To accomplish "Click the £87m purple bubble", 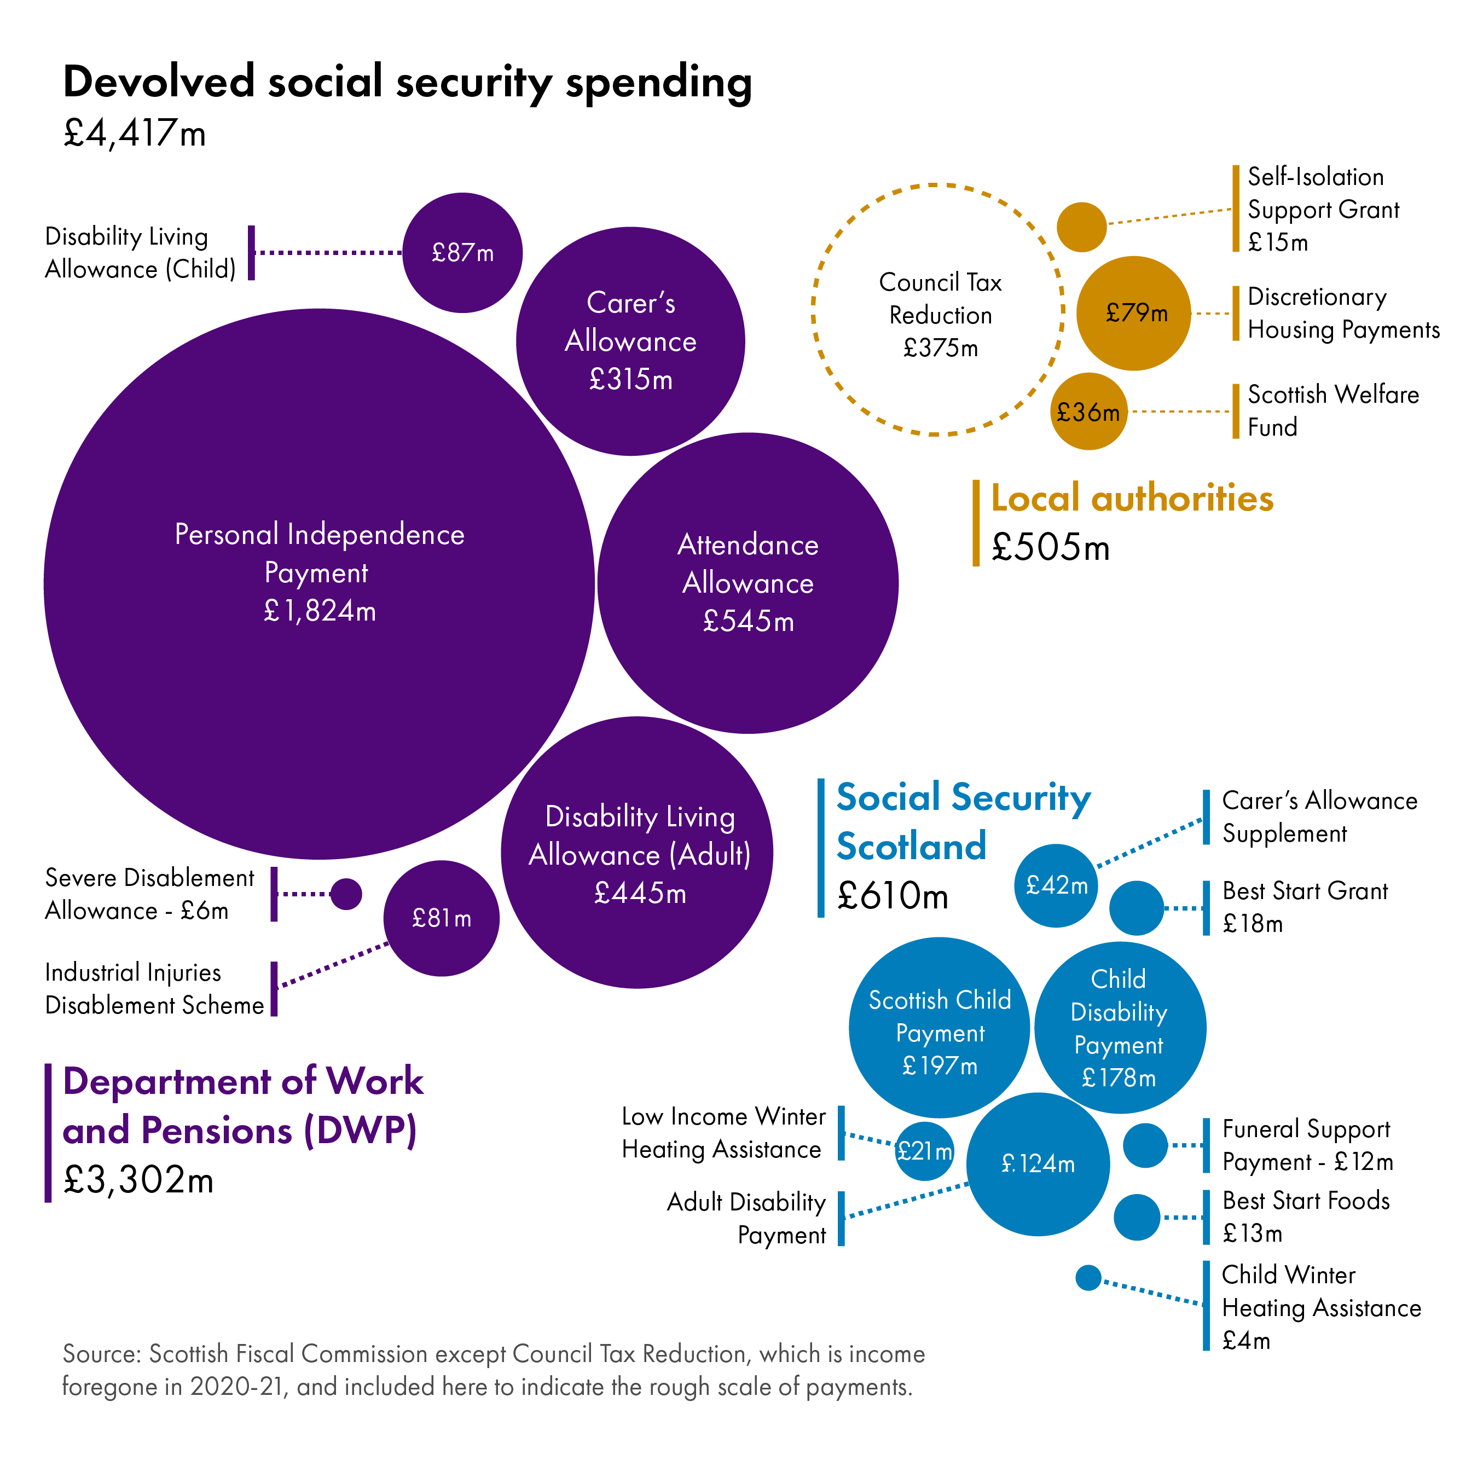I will pos(462,252).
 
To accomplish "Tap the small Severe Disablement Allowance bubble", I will pos(346,894).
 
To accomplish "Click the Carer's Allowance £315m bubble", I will pos(630,341).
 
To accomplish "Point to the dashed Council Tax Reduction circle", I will pos(938,310).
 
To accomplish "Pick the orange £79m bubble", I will pos(1133,313).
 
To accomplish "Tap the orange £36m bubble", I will pos(1088,412).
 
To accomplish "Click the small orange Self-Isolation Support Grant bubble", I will pos(1081,227).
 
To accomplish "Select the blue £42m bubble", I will pos(1056,885).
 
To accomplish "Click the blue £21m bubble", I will pos(924,1151).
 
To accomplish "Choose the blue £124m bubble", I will pos(1038,1164).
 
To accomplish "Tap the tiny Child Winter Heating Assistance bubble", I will pos(1088,1278).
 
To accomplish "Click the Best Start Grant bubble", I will pos(1137,908).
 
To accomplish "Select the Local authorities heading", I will pos(1131,499).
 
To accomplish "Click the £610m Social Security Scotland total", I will pos(893,896).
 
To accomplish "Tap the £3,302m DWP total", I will pos(138,1180).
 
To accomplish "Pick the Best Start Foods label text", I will pos(1306,1201).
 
